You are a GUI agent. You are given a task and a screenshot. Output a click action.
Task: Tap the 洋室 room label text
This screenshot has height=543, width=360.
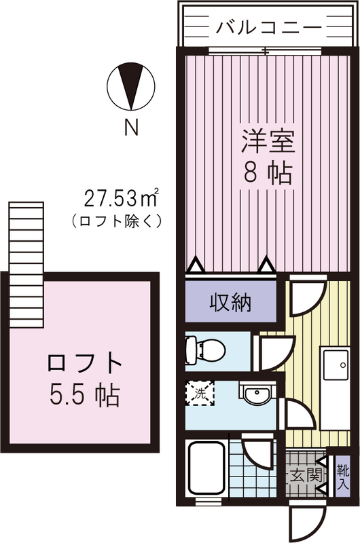(268, 141)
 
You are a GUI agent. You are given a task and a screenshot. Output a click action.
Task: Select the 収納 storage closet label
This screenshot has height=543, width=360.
(230, 303)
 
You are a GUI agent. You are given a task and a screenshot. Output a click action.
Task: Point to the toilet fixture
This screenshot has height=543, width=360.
(205, 350)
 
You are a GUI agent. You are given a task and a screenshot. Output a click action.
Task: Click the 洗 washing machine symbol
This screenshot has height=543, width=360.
(200, 393)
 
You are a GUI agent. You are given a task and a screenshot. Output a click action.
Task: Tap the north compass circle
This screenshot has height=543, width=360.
(131, 87)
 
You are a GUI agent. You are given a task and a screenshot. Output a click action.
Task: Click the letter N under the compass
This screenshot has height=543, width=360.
(131, 127)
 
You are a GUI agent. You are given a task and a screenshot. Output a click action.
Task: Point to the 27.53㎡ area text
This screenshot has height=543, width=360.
(122, 198)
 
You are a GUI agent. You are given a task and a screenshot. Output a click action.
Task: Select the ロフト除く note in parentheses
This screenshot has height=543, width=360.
(116, 220)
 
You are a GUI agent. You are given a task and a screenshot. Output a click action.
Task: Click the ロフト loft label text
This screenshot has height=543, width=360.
(84, 362)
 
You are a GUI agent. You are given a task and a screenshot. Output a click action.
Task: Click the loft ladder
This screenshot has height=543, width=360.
(26, 265)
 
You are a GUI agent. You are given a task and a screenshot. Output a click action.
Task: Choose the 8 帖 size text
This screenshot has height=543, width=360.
(268, 172)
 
